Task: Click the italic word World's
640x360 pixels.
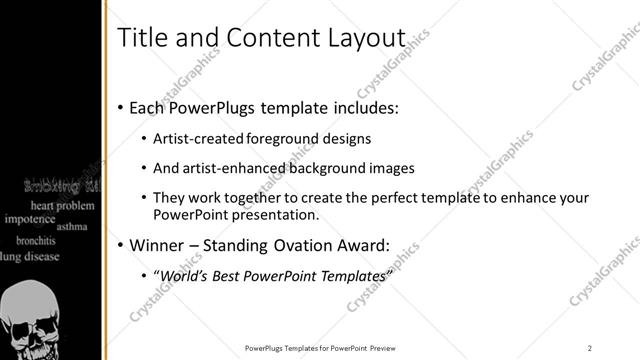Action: point(187,275)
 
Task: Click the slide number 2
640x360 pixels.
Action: point(590,347)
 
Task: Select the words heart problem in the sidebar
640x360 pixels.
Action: point(60,204)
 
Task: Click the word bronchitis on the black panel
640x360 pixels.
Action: point(35,240)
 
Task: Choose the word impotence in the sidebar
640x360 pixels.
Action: point(29,218)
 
